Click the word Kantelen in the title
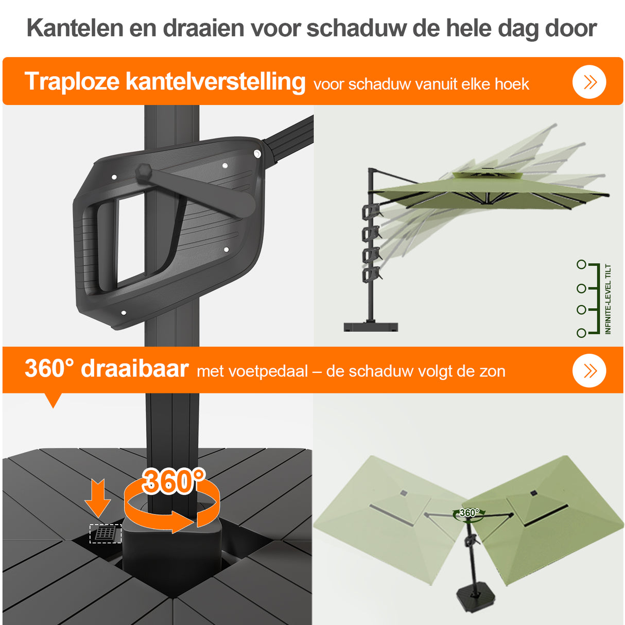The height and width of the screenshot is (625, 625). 75,28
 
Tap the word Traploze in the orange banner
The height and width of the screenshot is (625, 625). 71,82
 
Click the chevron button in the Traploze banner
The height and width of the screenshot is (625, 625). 589,82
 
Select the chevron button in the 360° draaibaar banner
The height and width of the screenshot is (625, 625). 589,371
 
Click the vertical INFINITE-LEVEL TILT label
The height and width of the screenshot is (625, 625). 608,299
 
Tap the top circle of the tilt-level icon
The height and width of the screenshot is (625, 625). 581,265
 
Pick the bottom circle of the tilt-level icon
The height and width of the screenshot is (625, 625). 581,333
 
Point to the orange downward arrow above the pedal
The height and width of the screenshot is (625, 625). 97,498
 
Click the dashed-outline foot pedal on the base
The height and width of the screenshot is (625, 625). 106,533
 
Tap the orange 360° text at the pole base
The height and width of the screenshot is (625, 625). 173,481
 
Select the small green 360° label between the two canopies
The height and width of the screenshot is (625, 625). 468,513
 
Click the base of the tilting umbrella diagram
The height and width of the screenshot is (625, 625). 371,326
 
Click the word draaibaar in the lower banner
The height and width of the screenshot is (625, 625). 135,369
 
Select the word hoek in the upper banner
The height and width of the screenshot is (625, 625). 512,84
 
